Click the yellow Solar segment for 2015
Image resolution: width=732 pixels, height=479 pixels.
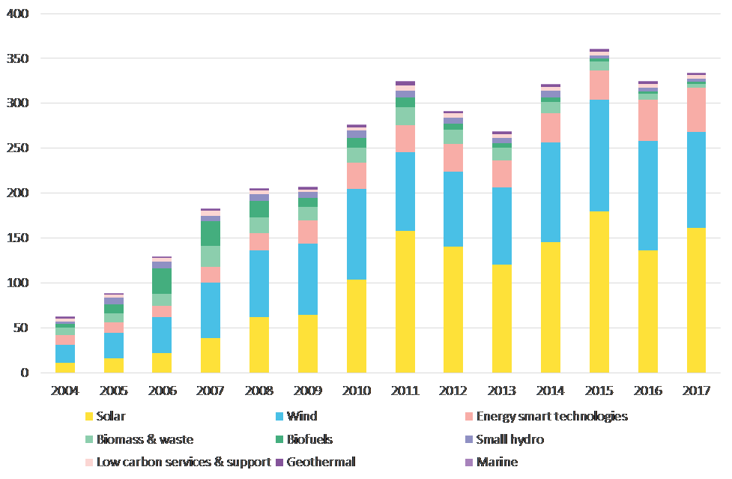[x=599, y=292]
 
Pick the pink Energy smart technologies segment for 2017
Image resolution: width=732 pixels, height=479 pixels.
[x=696, y=110]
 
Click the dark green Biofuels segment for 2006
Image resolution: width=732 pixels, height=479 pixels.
[x=163, y=281]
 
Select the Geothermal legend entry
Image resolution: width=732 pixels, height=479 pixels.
[x=320, y=462]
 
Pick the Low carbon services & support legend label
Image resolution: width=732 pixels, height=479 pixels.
[x=184, y=462]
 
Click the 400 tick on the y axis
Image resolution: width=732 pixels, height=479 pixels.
[x=17, y=13]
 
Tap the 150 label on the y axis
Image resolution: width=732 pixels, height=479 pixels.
[x=17, y=238]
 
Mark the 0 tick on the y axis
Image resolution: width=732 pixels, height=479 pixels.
[x=24, y=373]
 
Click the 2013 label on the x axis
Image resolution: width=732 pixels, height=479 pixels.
[x=502, y=392]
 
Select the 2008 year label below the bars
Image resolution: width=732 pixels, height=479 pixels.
[x=259, y=392]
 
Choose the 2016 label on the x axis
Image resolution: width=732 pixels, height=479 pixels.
[x=647, y=392]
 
